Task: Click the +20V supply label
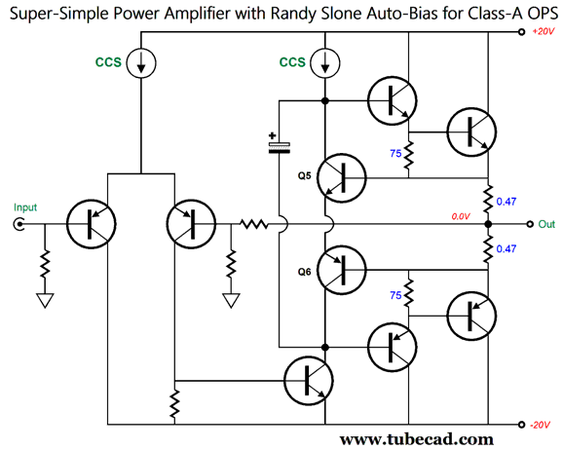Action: (544, 31)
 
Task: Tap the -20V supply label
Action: (540, 425)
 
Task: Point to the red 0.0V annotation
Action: (461, 216)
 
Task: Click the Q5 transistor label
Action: (305, 176)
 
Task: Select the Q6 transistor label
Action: (305, 272)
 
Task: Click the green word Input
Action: (25, 207)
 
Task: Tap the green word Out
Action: (546, 224)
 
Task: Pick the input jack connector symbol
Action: (19, 224)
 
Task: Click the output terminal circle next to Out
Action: (530, 224)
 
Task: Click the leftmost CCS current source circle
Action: (141, 63)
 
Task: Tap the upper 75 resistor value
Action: (395, 153)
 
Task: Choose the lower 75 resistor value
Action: (395, 295)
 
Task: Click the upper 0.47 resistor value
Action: (507, 202)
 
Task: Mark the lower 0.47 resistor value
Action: (507, 248)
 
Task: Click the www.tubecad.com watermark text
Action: (417, 440)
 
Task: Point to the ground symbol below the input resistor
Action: (45, 300)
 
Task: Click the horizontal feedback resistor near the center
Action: (254, 224)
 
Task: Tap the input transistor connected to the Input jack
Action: (91, 224)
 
